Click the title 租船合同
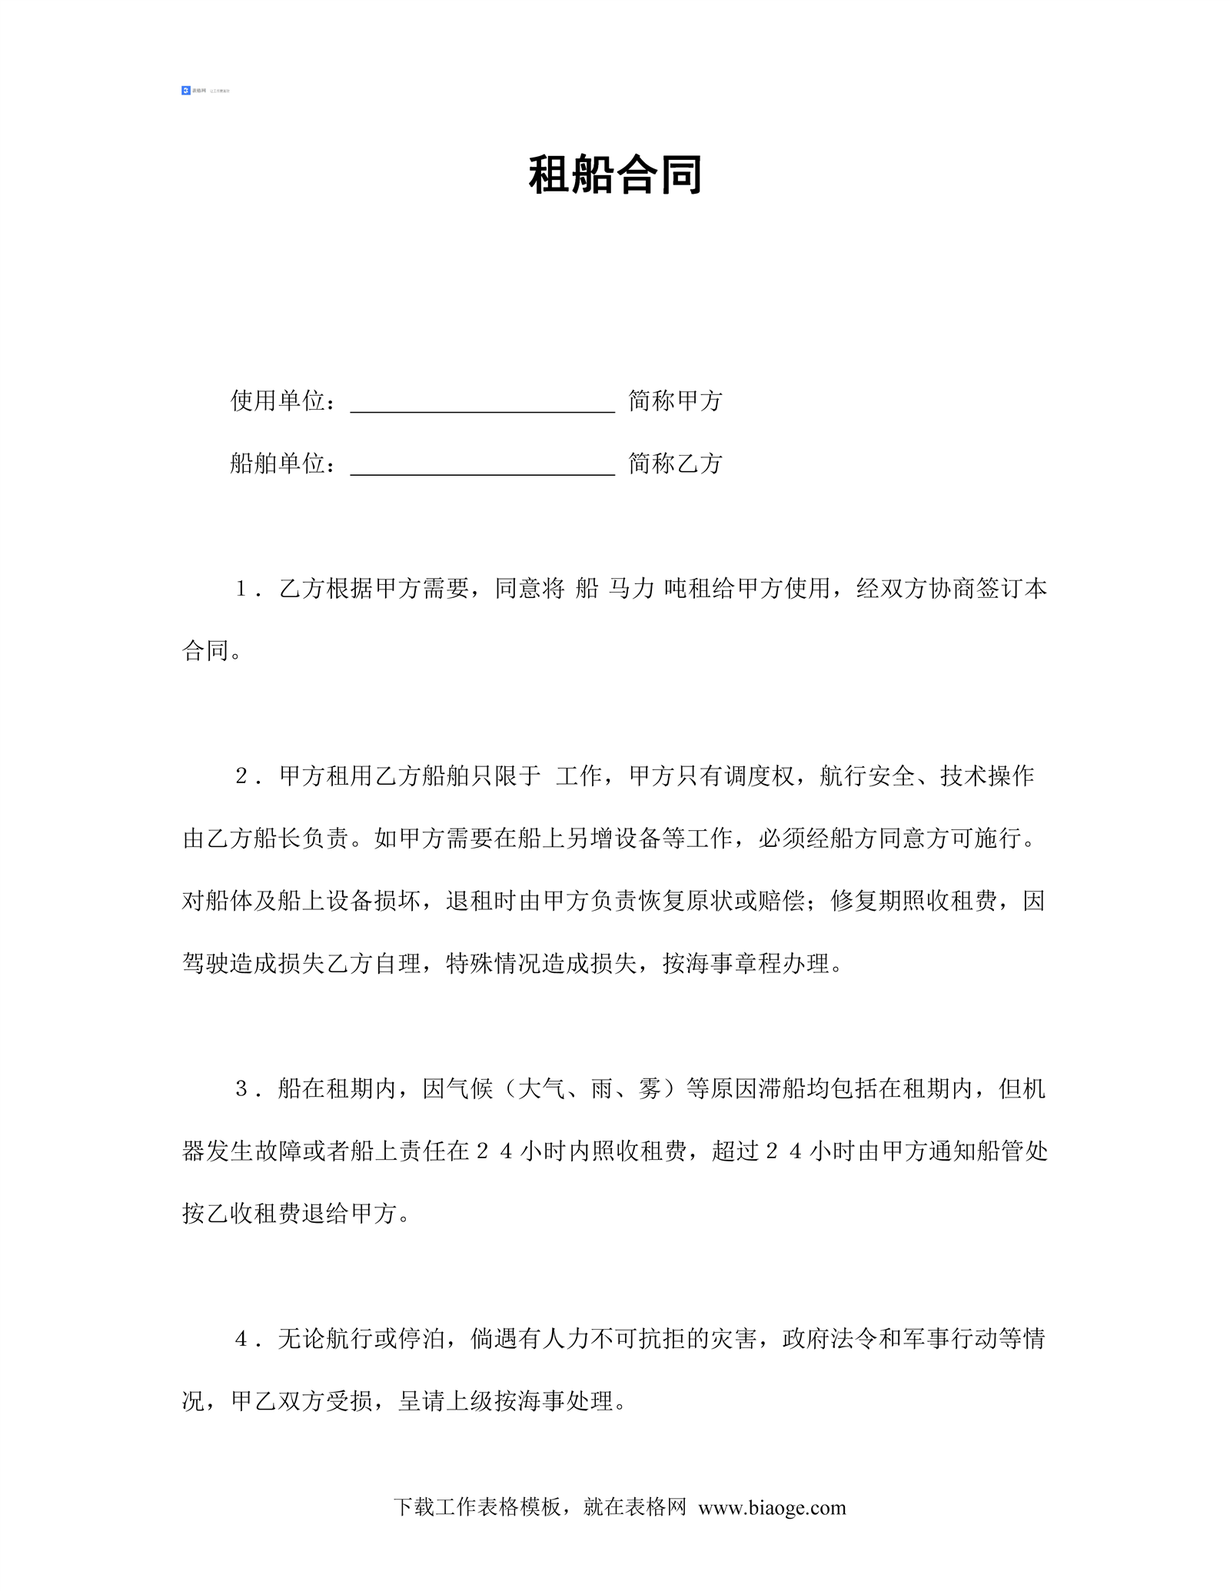(x=615, y=175)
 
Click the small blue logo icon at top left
(x=186, y=91)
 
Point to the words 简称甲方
(x=675, y=400)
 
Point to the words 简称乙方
(x=675, y=463)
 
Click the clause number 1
(x=241, y=589)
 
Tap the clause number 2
(x=241, y=776)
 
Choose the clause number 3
(x=241, y=1089)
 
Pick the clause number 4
(x=241, y=1340)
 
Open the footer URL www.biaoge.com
(x=772, y=1508)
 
